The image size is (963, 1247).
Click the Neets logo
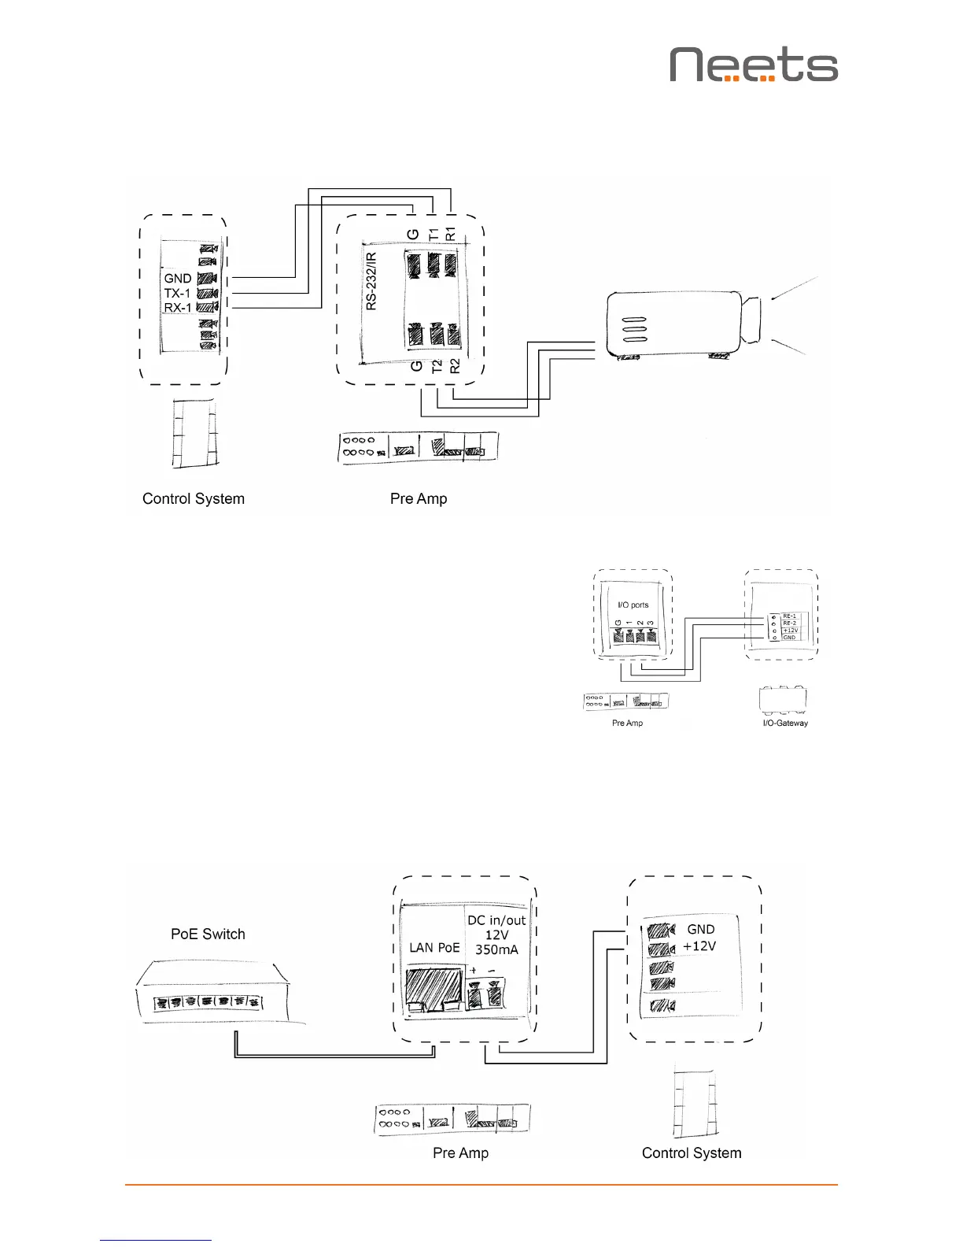[x=754, y=65]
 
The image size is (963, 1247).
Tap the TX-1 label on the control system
[x=177, y=293]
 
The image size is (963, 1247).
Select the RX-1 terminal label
[x=178, y=308]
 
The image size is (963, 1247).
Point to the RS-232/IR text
[x=371, y=281]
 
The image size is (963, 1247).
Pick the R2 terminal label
[x=454, y=365]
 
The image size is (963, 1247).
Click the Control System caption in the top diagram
[x=194, y=498]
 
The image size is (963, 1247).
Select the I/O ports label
[x=633, y=605]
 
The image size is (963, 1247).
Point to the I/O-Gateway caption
[x=785, y=723]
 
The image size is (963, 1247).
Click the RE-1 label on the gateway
[x=789, y=616]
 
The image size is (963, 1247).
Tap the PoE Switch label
[x=208, y=934]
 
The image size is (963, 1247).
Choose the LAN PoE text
[x=434, y=947]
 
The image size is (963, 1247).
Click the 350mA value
[x=496, y=949]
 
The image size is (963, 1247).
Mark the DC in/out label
[x=496, y=920]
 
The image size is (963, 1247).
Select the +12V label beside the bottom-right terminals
[x=699, y=945]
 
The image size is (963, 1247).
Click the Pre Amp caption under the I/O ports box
[x=627, y=723]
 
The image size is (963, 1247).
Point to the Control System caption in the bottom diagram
[x=692, y=1153]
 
